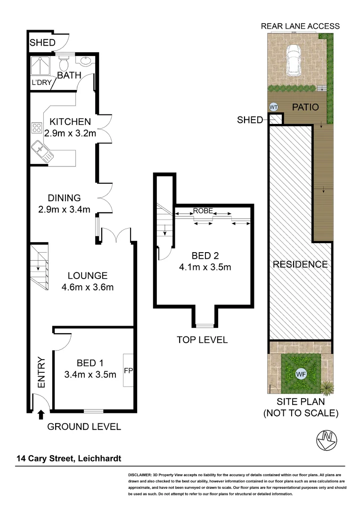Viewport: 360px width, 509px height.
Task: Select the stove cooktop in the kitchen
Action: [37, 128]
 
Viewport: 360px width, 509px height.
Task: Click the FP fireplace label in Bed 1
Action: [128, 370]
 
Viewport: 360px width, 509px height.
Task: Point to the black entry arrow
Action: [41, 414]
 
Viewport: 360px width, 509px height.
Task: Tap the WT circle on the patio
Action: [273, 107]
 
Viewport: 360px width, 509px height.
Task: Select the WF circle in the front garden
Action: [300, 374]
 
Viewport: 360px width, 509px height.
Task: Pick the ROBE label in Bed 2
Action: [204, 211]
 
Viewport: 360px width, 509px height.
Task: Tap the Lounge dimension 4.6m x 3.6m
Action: [88, 287]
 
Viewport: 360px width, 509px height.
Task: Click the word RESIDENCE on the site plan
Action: [300, 264]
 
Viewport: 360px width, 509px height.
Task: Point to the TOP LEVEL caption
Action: [202, 339]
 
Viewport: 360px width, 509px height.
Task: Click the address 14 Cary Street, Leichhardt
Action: [70, 458]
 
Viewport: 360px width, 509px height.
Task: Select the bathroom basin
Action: [86, 61]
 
